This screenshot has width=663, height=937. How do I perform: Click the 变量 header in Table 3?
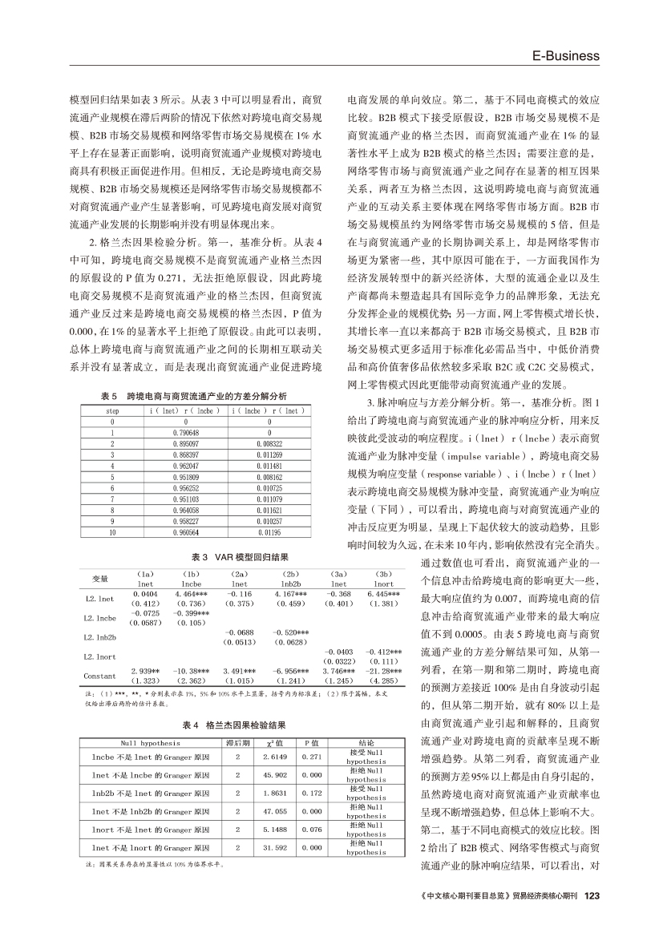tap(99, 578)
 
